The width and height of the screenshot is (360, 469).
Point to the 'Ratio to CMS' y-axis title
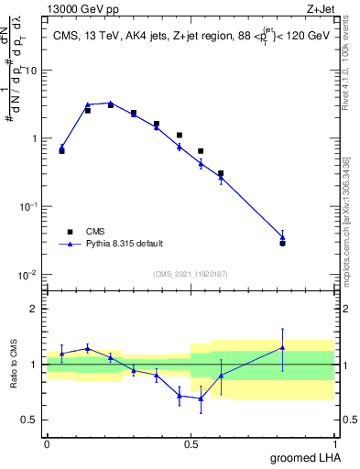(15, 365)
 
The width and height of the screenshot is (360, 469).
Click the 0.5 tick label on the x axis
(191, 444)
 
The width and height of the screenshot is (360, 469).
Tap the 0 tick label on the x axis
(47, 444)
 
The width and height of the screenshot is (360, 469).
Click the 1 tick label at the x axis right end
(335, 444)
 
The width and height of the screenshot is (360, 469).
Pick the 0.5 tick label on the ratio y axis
(30, 420)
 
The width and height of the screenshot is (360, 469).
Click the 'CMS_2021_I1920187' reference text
(190, 274)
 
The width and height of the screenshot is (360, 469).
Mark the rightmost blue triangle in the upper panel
(283, 236)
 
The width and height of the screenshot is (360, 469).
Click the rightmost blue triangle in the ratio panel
(283, 347)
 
